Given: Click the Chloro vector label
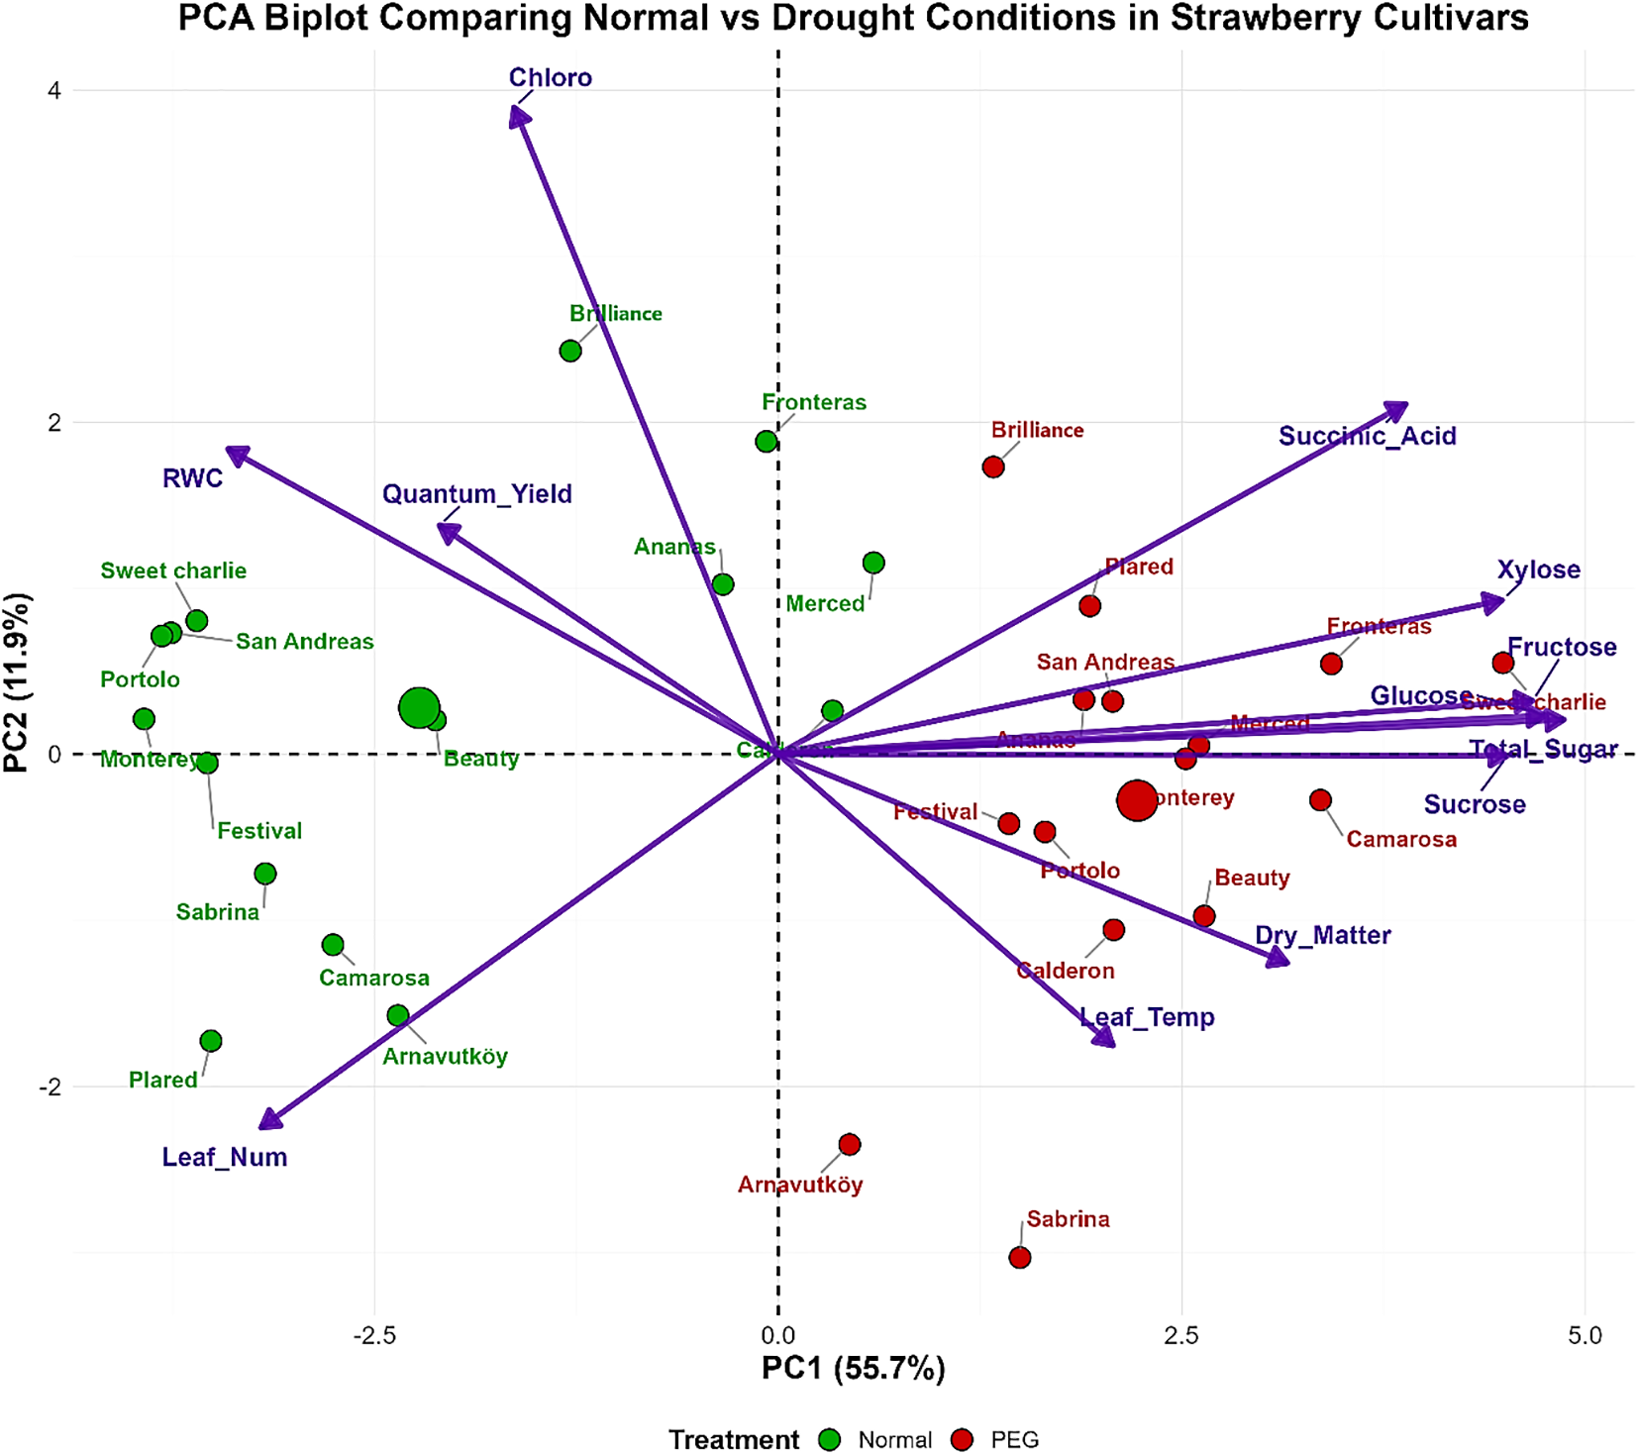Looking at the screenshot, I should [550, 77].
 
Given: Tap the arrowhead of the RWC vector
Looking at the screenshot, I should [235, 454].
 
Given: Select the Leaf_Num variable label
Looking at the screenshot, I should [225, 1157].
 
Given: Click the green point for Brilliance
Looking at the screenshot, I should [570, 351].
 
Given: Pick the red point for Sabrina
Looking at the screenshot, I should [1020, 1257].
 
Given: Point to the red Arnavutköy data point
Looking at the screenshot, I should [849, 1144].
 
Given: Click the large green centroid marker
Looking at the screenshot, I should [420, 707].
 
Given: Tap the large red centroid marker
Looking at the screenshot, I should [1137, 799].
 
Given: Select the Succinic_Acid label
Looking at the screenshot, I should [1367, 436].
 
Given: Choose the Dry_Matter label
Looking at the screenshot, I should [1322, 935].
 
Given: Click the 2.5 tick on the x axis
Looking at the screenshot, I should [1181, 1335].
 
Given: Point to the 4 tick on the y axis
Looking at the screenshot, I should [54, 91].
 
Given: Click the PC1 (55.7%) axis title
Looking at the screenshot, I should [853, 1368].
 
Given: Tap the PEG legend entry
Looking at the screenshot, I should [1014, 1439].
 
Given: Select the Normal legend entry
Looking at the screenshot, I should [894, 1439].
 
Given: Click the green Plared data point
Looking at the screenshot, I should [211, 1041].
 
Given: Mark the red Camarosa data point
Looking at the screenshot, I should [1320, 799].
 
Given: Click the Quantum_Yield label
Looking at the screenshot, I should [476, 493].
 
